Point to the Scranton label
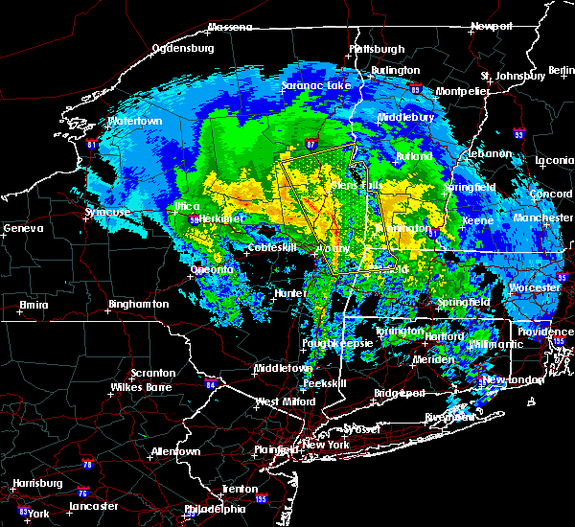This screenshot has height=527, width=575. pyautogui.click(x=153, y=373)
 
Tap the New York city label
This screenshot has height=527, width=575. pyautogui.click(x=325, y=446)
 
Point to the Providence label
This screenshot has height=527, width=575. pyautogui.click(x=546, y=332)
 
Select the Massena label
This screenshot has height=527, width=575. pyautogui.click(x=230, y=27)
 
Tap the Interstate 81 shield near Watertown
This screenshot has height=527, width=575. pyautogui.click(x=92, y=145)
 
